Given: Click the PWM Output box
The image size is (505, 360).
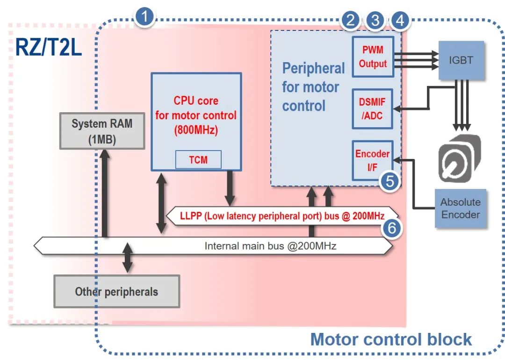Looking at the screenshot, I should point(373,57).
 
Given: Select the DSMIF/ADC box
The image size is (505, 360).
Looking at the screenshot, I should point(373,108).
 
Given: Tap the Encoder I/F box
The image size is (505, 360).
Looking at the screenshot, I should point(372,160).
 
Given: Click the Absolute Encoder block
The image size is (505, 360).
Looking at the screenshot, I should point(460,209).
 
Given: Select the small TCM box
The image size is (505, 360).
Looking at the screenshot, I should point(198,160).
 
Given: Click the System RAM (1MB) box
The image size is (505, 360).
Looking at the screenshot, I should point(101,130).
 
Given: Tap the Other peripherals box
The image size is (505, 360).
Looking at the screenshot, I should point(116,292).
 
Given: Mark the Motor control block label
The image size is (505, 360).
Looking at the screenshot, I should point(391,339).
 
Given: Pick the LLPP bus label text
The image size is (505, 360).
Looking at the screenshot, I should point(282,216).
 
